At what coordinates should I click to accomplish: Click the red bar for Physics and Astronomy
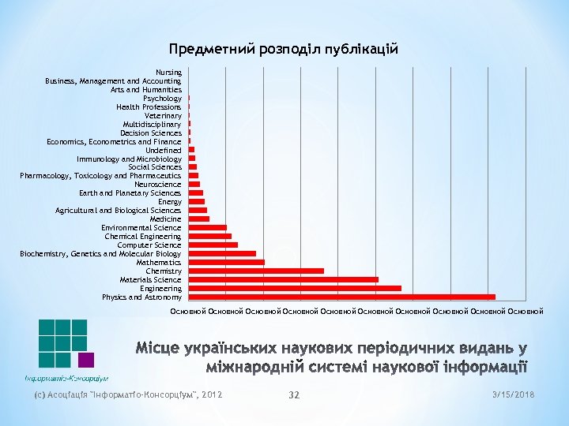(341, 297)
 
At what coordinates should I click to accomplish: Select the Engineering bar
(295, 289)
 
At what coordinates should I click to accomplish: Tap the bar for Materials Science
(283, 280)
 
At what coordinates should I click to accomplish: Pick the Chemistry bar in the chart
(256, 271)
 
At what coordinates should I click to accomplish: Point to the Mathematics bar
(226, 263)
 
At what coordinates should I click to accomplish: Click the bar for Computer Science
(213, 245)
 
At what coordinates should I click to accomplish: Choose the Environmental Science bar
(207, 228)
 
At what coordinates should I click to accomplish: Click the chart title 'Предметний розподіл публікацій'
(284, 49)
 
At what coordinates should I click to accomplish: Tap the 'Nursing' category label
(168, 73)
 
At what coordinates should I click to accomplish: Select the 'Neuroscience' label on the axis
(157, 185)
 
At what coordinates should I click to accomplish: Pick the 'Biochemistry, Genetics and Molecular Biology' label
(100, 254)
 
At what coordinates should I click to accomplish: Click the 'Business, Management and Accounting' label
(113, 81)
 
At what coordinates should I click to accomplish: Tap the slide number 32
(294, 394)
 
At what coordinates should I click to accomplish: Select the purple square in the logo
(86, 361)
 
